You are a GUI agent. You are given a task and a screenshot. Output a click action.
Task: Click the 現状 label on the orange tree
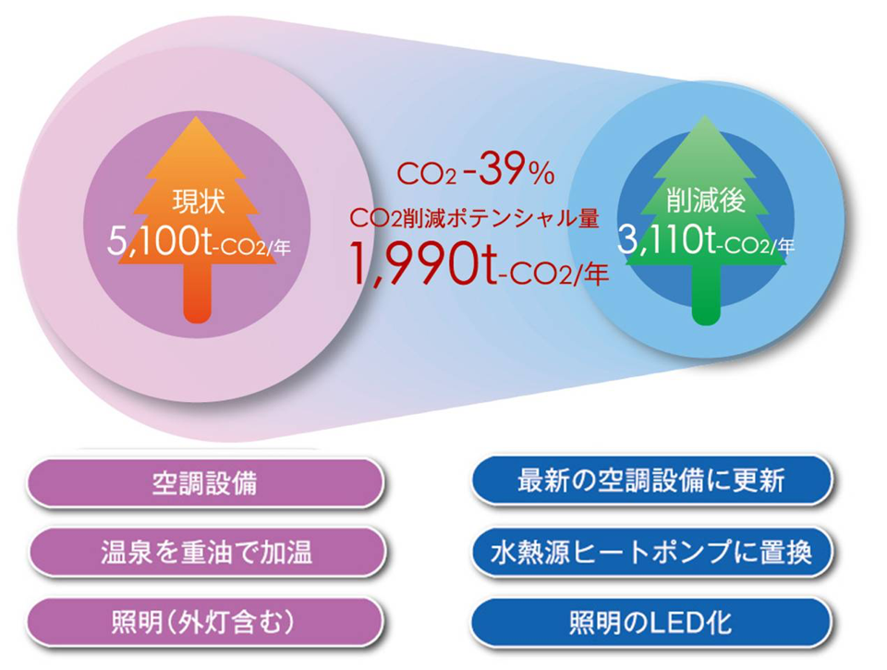[x=198, y=202]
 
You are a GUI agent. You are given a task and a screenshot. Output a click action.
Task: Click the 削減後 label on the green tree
[x=705, y=201]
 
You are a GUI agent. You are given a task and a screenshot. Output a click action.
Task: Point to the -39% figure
[x=508, y=169]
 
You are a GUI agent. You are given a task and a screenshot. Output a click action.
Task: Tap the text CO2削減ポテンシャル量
[x=474, y=218]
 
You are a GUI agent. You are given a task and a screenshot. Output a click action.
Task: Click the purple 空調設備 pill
[x=205, y=482]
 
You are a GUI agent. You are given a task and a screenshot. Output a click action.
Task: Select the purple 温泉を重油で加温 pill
[x=206, y=553]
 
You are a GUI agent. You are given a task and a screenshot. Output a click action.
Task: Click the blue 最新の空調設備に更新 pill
[x=651, y=481]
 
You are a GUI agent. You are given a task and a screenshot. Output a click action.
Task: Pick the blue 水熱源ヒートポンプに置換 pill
[x=651, y=552]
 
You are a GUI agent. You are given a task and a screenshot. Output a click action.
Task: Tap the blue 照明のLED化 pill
[x=651, y=622]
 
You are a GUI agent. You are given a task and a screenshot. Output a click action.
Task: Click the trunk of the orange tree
[x=198, y=293]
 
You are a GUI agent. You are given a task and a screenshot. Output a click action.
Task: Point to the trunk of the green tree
[x=706, y=294]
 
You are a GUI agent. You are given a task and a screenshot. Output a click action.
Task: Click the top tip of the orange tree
[x=196, y=117]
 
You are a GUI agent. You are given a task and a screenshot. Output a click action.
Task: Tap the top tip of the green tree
[x=705, y=117]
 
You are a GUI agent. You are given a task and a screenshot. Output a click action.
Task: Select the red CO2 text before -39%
[x=426, y=174]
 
